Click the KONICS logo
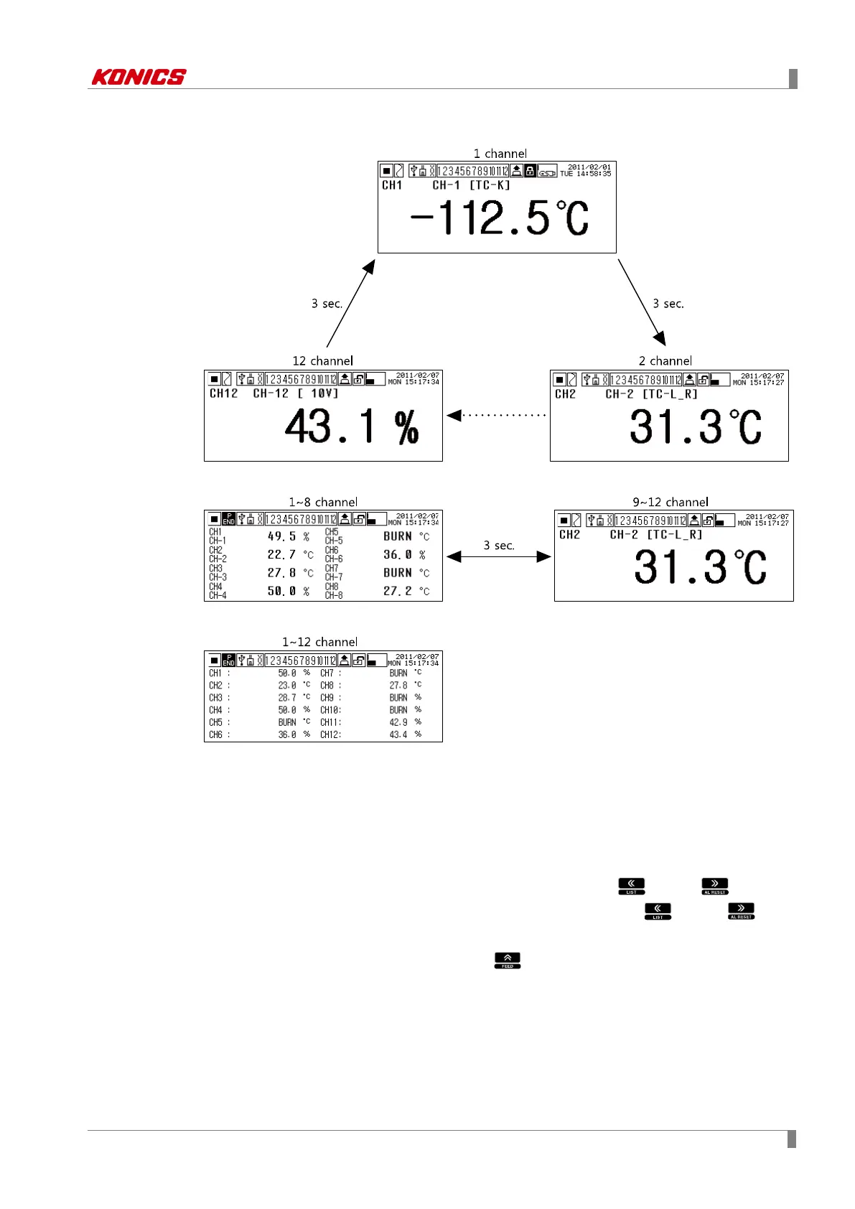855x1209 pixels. point(139,77)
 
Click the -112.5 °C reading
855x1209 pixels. point(499,218)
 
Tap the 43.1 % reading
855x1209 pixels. point(351,426)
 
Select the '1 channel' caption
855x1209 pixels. point(500,154)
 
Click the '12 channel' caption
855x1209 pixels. point(322,361)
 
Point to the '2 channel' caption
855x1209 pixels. point(665,361)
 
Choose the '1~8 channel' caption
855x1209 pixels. point(323,503)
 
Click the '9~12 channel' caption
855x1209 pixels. point(670,503)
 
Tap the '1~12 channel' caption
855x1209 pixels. point(319,642)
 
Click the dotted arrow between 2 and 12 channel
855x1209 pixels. point(496,415)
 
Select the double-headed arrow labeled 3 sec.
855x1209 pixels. point(498,556)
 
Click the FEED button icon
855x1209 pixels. point(507,960)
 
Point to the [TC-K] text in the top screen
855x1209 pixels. point(490,185)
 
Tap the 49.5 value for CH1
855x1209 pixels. point(281,536)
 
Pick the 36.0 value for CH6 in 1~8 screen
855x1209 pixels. point(397,555)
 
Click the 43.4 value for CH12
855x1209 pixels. point(398,734)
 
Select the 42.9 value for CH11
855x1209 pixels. point(398,722)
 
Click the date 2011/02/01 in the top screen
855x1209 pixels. point(589,167)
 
